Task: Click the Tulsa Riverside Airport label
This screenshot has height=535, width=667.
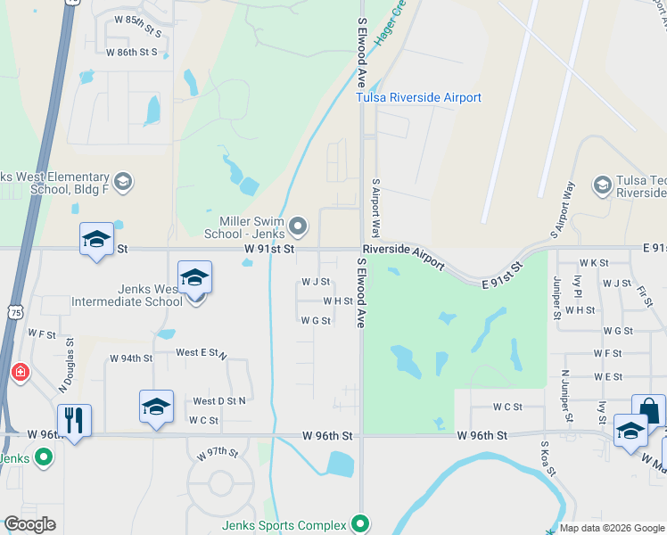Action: point(418,97)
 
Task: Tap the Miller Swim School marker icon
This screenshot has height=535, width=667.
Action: point(300,224)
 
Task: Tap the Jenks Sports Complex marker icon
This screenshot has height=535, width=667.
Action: point(359,523)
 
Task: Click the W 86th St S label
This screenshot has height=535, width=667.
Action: point(131,53)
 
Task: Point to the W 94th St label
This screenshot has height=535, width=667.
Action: point(131,358)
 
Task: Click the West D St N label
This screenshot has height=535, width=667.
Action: point(218,401)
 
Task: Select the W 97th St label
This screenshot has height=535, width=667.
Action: point(218,453)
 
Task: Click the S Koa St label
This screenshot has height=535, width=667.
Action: point(548,457)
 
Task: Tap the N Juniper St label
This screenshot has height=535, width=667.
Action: point(565,395)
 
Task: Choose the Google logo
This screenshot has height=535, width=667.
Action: point(29,524)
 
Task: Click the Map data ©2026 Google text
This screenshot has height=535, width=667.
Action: point(612,528)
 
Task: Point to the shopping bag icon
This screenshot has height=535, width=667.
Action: point(648,411)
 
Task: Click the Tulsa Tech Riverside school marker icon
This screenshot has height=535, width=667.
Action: point(601,184)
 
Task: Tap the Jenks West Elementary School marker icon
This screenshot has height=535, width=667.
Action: point(123,182)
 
